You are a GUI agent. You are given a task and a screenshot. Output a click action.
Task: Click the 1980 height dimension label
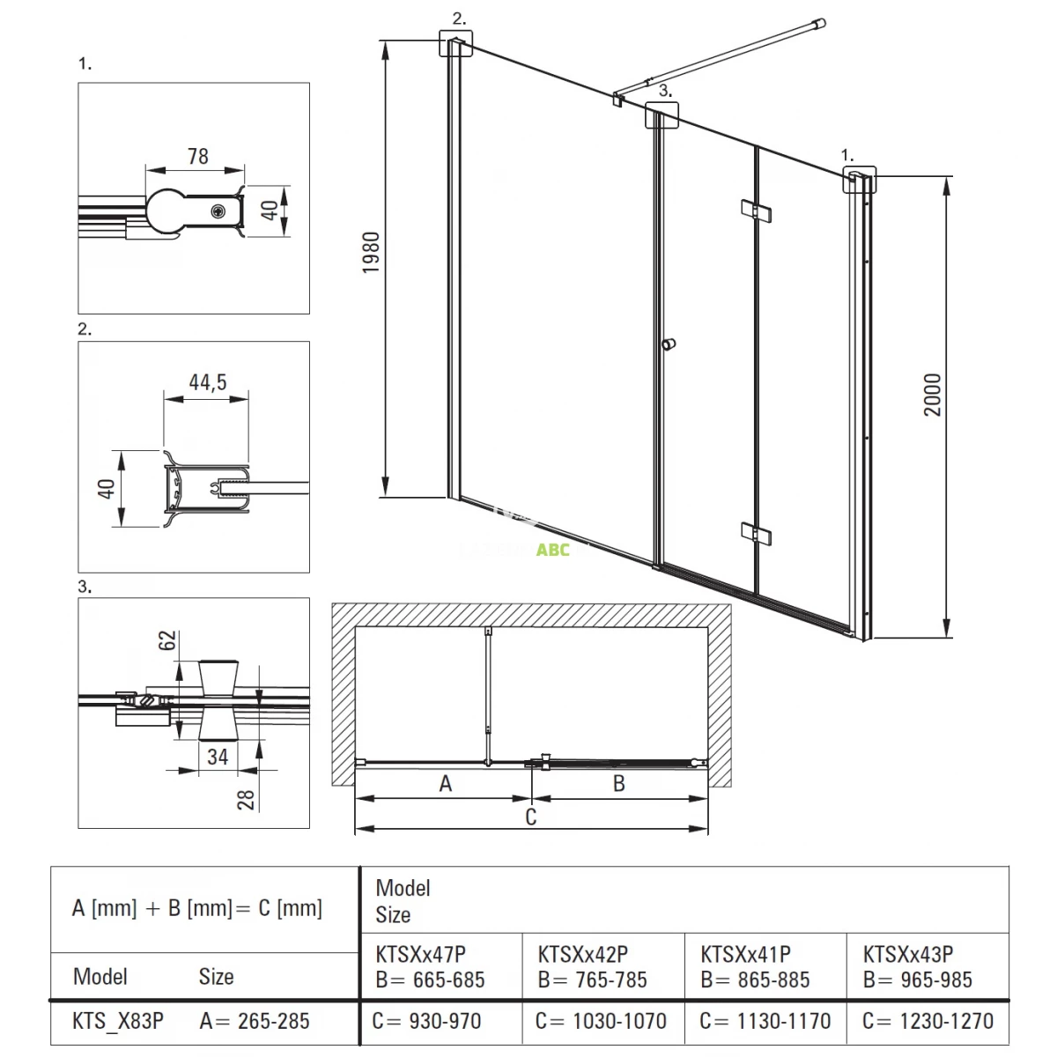372,252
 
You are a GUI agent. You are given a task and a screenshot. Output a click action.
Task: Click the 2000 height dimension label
933,395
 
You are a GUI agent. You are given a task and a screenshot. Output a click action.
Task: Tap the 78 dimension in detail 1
198,156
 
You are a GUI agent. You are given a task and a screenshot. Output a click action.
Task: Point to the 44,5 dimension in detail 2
208,381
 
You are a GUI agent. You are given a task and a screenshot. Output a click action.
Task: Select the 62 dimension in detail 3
167,640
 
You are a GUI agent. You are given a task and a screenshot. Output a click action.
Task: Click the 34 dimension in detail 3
218,757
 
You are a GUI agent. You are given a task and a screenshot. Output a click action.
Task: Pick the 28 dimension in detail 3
246,800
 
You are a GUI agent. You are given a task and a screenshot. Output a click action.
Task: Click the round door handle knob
668,344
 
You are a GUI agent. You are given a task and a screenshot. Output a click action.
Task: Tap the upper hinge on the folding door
755,211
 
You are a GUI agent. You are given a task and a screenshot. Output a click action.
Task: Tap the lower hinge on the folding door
755,533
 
